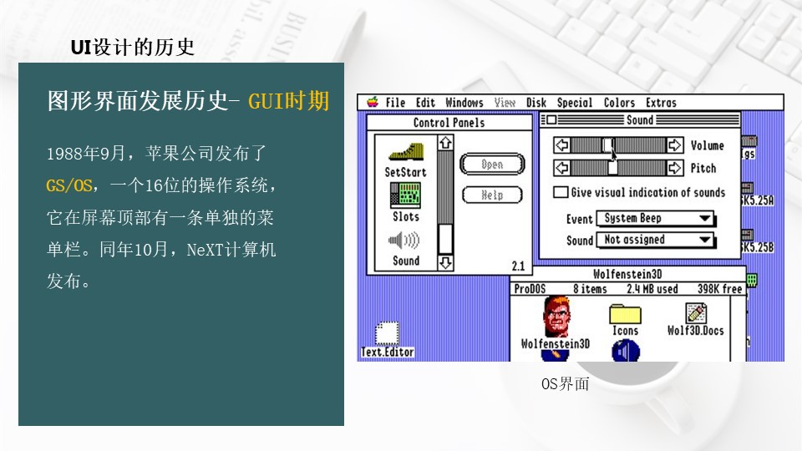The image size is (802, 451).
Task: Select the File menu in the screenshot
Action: click(x=395, y=103)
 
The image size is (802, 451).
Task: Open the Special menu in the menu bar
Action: click(x=575, y=103)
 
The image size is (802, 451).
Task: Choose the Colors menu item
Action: click(x=619, y=103)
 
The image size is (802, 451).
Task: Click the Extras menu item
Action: click(x=661, y=103)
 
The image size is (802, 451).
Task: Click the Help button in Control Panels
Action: click(x=492, y=195)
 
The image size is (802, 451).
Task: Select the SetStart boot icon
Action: click(x=405, y=154)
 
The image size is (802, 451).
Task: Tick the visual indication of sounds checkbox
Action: click(x=561, y=192)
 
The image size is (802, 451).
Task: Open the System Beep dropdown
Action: click(x=657, y=219)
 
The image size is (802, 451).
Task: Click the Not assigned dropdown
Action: click(x=657, y=241)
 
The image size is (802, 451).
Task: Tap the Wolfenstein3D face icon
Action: click(x=555, y=317)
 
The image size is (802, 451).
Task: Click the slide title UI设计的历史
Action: click(x=133, y=47)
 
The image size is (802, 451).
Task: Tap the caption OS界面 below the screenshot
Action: click(x=566, y=384)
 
